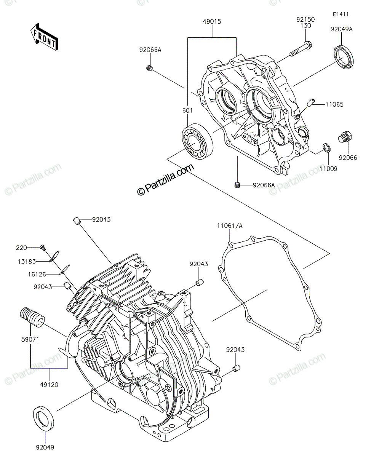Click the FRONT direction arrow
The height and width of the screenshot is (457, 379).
tap(44, 37)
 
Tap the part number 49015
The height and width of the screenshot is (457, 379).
tap(212, 21)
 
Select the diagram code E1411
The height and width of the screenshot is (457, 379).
tap(341, 14)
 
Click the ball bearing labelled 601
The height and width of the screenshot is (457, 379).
tap(197, 141)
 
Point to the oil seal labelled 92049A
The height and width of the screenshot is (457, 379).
tap(344, 56)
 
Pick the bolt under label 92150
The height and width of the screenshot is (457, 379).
tap(301, 49)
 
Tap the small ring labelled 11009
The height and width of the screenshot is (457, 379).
tap(327, 147)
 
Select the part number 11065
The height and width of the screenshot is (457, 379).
tap(334, 104)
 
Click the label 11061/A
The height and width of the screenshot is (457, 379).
tap(230, 226)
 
